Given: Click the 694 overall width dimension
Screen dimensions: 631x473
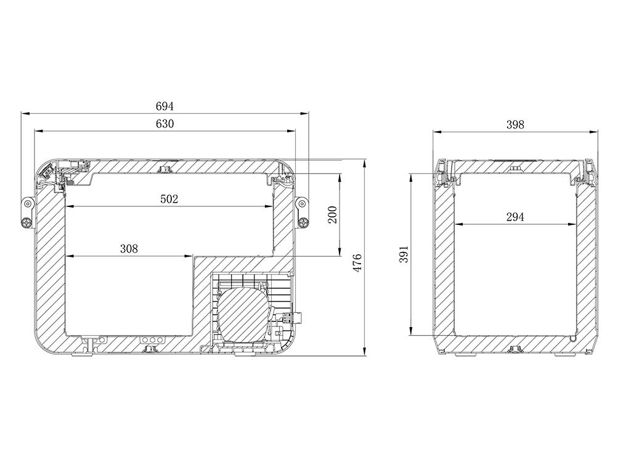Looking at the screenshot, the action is [165, 106].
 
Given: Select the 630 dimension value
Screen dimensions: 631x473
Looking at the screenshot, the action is [165, 124].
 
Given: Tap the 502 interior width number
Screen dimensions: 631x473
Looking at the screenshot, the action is [169, 199].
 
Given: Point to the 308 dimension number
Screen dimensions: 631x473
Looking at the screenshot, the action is [129, 249].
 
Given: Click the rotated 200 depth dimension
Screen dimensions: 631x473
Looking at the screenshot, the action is [332, 215].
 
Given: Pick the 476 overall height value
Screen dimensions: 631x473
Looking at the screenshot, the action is [357, 263].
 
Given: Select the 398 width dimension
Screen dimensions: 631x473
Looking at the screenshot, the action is [515, 124].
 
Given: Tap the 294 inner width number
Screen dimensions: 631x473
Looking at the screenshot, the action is [515, 217].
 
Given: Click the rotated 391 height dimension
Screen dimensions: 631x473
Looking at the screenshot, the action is [404, 254].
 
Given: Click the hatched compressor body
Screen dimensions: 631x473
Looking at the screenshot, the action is [241, 312].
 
